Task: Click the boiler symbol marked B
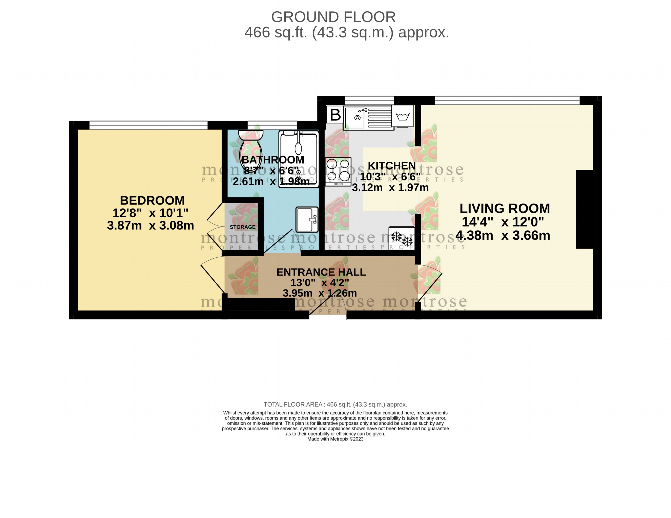click(x=335, y=115)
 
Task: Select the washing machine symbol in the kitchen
click(x=403, y=116)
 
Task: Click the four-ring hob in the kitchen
click(x=338, y=171)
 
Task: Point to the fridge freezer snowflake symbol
click(x=402, y=239)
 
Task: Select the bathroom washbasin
click(x=307, y=219)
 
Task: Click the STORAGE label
click(x=242, y=227)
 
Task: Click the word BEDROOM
click(x=152, y=200)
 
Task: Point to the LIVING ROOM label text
click(x=505, y=209)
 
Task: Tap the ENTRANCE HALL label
click(x=321, y=272)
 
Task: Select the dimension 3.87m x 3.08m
click(x=150, y=226)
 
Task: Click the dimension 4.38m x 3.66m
click(x=503, y=236)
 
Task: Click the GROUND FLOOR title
click(x=333, y=17)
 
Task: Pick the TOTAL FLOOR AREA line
click(x=335, y=404)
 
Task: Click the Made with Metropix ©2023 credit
click(x=335, y=439)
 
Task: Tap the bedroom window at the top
click(x=148, y=125)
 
